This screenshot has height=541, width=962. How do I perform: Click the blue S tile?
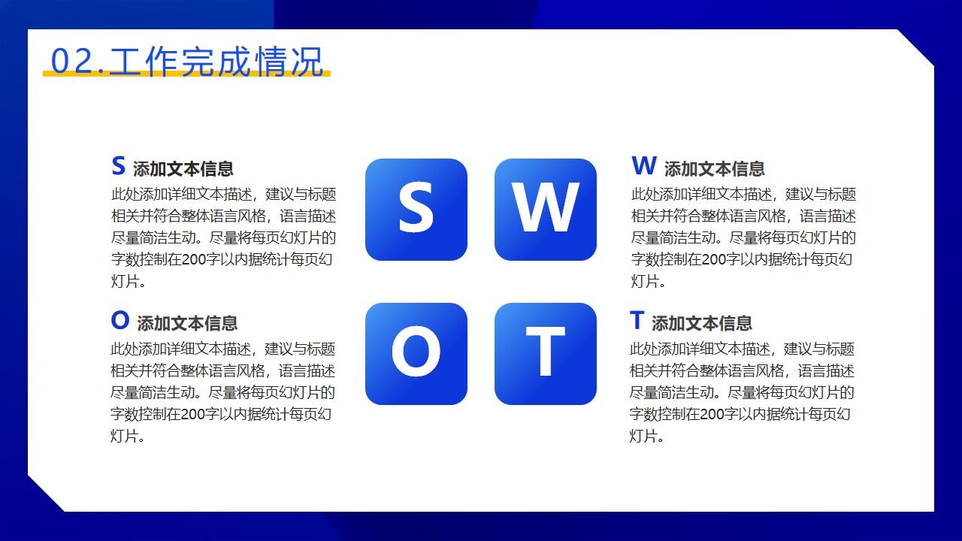click(x=416, y=210)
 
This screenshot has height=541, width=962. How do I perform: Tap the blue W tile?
click(x=545, y=210)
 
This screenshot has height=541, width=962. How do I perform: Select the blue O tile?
click(x=416, y=354)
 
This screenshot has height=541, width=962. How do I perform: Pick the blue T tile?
click(x=545, y=354)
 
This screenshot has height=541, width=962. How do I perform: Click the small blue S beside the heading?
click(x=118, y=166)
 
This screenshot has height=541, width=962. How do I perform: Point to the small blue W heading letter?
click(x=644, y=166)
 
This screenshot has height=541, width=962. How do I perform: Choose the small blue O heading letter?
click(x=119, y=321)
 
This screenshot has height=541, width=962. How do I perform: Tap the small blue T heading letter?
click(x=637, y=321)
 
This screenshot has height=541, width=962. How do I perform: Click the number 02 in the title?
click(x=71, y=62)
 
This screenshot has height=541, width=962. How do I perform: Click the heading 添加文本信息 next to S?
click(x=183, y=169)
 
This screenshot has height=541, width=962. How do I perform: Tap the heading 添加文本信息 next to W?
click(x=714, y=169)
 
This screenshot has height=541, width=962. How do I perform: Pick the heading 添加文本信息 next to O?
click(x=187, y=324)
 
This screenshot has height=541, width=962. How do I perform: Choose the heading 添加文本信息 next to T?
click(x=702, y=324)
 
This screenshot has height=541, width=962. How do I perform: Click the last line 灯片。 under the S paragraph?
click(x=128, y=282)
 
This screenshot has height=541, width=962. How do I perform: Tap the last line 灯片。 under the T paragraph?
click(x=647, y=437)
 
